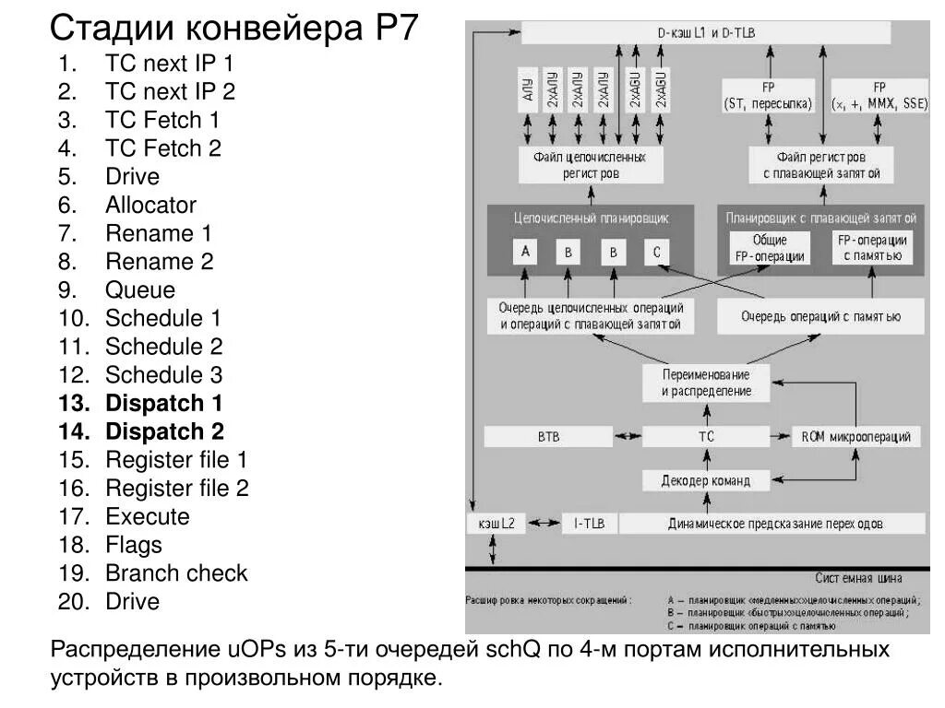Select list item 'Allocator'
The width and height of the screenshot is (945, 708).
(x=150, y=205)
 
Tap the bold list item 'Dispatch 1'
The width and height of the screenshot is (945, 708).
(x=164, y=403)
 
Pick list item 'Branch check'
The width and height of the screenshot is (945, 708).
(x=176, y=573)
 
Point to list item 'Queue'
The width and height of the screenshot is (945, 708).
(x=139, y=289)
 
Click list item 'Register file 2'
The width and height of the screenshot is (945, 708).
(x=177, y=488)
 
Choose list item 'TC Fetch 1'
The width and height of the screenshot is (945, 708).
(x=162, y=120)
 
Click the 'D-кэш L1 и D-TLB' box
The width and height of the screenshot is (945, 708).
(x=706, y=33)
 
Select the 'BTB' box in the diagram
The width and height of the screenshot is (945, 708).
(x=548, y=436)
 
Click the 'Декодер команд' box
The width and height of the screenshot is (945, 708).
(x=706, y=479)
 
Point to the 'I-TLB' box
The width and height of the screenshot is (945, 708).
(x=589, y=524)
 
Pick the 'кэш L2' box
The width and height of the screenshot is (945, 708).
(x=497, y=524)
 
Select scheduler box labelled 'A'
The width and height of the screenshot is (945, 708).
(x=525, y=252)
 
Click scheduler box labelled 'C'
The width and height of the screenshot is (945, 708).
(x=657, y=252)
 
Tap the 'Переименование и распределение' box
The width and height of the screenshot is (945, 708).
(x=706, y=383)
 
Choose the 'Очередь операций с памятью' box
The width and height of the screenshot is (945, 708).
(x=820, y=316)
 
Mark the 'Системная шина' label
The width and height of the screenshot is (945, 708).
(x=858, y=578)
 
